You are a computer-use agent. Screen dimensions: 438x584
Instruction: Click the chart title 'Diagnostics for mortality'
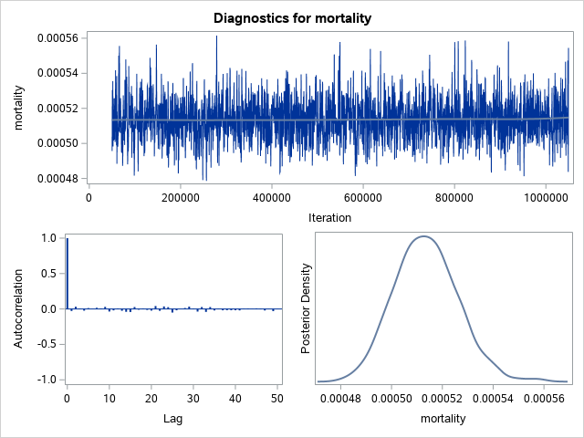pyautogui.click(x=292, y=18)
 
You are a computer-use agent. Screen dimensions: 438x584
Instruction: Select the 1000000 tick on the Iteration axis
pyautogui.click(x=545, y=197)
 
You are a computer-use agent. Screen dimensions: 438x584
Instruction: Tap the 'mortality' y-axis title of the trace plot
pyautogui.click(x=19, y=108)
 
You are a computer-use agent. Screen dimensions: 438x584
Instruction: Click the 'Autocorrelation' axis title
pyautogui.click(x=19, y=308)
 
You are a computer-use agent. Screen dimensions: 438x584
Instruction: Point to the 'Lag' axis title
pyautogui.click(x=173, y=419)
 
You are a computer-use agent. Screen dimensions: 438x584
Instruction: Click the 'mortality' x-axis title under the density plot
pyautogui.click(x=442, y=419)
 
